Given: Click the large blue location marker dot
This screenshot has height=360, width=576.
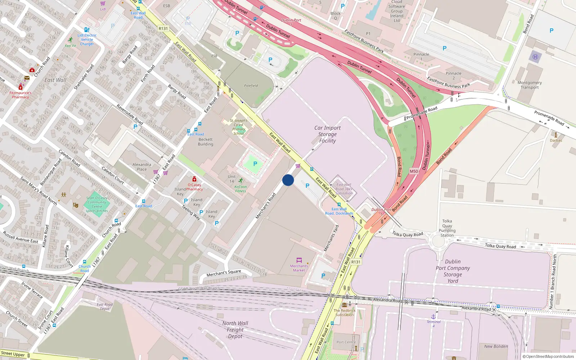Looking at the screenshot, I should click(x=288, y=180).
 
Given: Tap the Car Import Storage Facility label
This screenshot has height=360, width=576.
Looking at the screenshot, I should click(x=327, y=134).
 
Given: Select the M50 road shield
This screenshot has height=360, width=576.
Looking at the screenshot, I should click(x=414, y=171).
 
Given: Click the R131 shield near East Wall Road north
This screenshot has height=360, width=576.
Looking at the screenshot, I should click(x=163, y=28).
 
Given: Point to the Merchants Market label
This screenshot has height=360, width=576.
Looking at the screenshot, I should click(x=299, y=268).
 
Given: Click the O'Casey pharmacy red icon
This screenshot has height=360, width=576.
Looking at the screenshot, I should click(x=194, y=179).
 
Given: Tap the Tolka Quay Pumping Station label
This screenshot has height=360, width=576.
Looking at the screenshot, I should click(x=447, y=228).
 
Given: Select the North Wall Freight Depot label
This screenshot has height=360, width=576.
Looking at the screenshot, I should click(x=235, y=330).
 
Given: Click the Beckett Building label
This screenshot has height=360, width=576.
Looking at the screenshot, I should click(x=206, y=142).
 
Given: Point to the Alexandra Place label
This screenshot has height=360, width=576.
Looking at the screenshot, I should click(x=142, y=167).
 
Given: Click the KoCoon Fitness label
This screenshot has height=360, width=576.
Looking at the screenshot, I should click(x=240, y=189).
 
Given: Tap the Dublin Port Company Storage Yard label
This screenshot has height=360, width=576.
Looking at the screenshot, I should click(x=453, y=271).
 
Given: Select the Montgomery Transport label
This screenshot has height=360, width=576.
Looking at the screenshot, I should click(x=530, y=85).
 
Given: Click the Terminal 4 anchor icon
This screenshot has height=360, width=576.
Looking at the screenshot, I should click(x=433, y=316).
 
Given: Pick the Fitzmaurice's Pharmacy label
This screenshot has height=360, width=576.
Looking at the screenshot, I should click(x=21, y=95).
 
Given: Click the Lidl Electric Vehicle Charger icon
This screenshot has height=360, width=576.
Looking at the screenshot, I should click(x=87, y=30).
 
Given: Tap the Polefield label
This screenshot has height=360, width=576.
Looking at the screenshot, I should click(x=251, y=86).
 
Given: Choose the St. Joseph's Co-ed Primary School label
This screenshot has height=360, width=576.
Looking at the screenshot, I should click(x=239, y=127).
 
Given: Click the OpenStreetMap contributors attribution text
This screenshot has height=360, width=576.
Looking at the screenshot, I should click(x=548, y=356).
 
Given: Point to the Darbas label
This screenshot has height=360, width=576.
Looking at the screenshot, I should click(x=555, y=140).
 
